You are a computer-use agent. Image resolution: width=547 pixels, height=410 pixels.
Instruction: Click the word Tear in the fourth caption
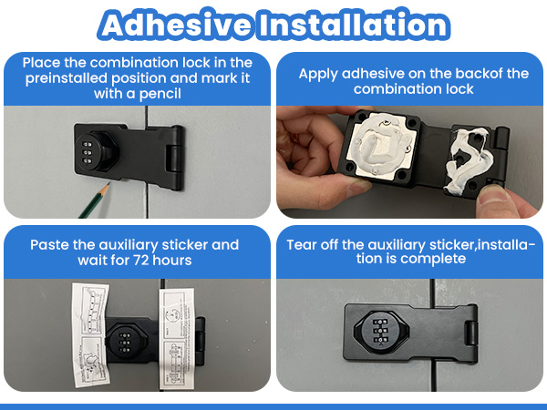(304, 244)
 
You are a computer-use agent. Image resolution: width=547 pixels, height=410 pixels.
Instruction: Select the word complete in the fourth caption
(438, 259)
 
